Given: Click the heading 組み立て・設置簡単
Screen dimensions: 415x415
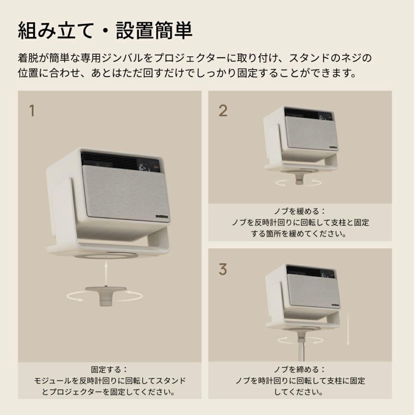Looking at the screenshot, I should pos(105,31).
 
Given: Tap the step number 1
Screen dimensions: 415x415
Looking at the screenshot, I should pos(32,111).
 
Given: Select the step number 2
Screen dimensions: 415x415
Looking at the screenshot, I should pos(223,111).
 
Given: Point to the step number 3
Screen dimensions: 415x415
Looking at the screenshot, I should pos(223,269).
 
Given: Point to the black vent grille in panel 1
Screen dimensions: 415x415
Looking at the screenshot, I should pos(110,160).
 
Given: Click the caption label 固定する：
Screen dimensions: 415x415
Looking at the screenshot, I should pos(109,369).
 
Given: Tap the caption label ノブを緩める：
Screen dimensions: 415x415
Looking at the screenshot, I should pos(300,211).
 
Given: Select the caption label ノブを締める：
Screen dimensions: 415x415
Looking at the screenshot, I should pos(300,369).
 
